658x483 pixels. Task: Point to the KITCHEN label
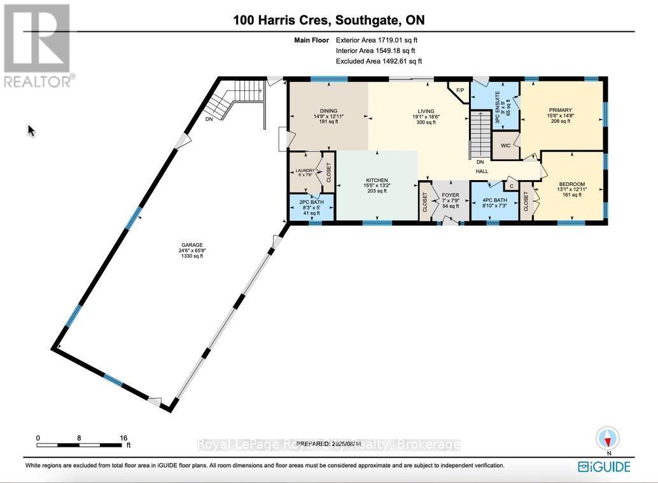pos(377,181)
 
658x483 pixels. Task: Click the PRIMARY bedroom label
pos(561,110)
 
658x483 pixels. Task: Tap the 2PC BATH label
pos(311,202)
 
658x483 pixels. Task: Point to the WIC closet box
pos(506,146)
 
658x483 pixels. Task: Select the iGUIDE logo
pos(604,466)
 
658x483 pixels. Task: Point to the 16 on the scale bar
pos(123,438)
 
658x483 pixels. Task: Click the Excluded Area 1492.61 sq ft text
pos(378,61)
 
